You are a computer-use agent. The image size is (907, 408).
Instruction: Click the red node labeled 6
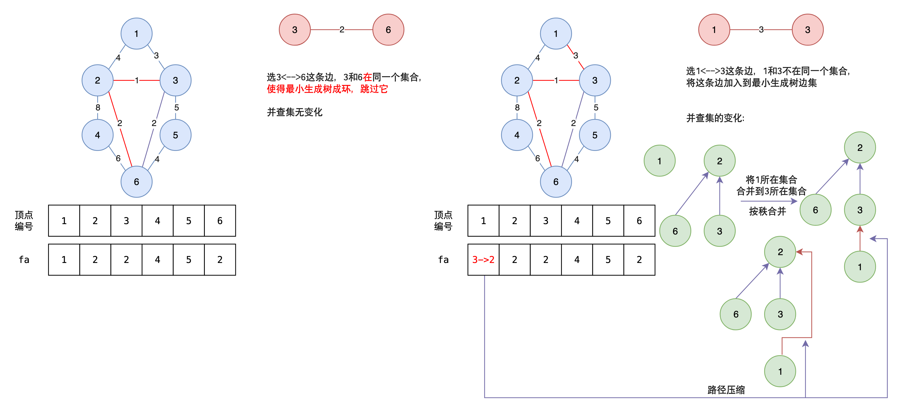pos(388,30)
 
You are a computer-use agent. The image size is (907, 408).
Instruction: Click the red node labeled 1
pos(714,30)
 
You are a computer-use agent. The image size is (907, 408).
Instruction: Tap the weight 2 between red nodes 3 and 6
pos(341,30)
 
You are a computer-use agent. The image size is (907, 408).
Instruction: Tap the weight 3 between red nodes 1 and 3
pos(761,30)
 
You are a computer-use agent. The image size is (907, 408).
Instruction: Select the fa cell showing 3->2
pos(483,259)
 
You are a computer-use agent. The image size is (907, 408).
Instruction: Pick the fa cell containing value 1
pos(64,259)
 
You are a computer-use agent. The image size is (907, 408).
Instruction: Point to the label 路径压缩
pos(726,390)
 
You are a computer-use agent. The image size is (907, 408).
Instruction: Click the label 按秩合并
pos(767,211)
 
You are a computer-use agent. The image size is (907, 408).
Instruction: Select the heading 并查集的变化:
pos(715,118)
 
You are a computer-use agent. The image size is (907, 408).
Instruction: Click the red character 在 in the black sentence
pos(367,77)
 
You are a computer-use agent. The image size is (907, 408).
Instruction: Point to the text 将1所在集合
pos(771,179)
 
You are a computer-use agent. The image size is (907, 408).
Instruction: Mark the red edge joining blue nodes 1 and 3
pos(575,56)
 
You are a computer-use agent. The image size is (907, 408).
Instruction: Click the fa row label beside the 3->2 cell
pos(443,259)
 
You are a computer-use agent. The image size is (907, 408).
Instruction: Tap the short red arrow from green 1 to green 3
pos(860,238)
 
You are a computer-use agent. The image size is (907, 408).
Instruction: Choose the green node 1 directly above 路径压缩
pos(780,371)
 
